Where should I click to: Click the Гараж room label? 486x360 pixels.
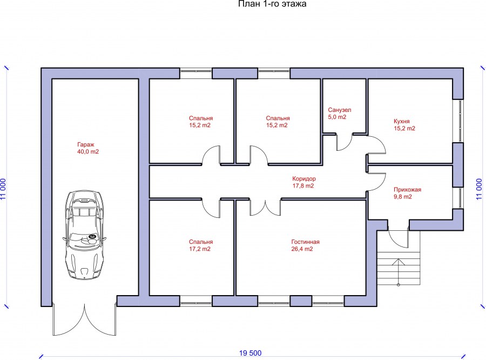tap(85, 145)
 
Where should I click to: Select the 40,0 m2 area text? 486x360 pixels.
tap(88, 152)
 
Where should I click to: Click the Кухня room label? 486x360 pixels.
tap(402, 122)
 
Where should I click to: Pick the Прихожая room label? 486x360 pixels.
tap(407, 190)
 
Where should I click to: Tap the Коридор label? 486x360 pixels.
tap(303, 178)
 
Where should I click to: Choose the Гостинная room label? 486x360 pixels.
tap(305, 242)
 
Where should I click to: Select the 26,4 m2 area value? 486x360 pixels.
tap(302, 249)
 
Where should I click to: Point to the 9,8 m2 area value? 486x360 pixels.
tap(403, 197)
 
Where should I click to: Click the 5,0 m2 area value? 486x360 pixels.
tap(337, 117)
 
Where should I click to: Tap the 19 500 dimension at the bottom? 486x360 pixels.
tap(250, 354)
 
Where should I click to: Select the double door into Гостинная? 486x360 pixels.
tap(265, 208)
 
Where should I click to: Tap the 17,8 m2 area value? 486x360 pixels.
tap(303, 185)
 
